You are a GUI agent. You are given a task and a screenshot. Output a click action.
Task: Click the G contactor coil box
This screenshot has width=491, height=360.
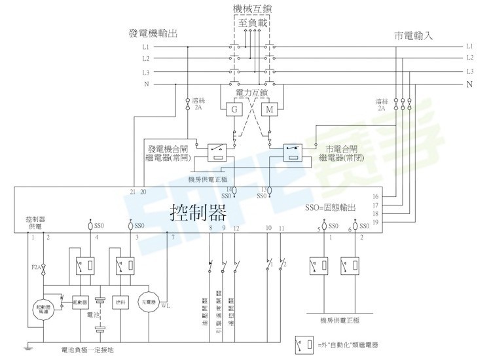[234, 109]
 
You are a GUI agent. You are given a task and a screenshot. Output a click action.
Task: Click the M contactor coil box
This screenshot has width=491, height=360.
[269, 109]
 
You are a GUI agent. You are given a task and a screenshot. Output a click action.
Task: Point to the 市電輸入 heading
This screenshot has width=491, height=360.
[414, 34]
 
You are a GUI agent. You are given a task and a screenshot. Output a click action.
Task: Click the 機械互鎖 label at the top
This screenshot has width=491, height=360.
[252, 9]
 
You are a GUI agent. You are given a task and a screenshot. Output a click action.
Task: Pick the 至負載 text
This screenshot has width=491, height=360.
[251, 22]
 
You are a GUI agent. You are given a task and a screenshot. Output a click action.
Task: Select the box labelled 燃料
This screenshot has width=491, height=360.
[119, 302]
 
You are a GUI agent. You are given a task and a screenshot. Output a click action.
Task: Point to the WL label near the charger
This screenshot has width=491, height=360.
[166, 305]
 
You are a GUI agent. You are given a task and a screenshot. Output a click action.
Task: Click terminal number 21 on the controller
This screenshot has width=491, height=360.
[133, 192]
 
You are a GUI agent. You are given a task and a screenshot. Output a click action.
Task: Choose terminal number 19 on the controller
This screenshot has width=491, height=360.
[375, 223]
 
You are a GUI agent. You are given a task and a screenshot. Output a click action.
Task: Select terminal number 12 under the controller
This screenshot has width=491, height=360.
[236, 228]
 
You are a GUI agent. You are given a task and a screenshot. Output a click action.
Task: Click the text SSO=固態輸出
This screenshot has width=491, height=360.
[330, 207]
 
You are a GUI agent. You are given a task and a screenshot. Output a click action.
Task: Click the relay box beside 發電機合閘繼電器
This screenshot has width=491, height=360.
[216, 153]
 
